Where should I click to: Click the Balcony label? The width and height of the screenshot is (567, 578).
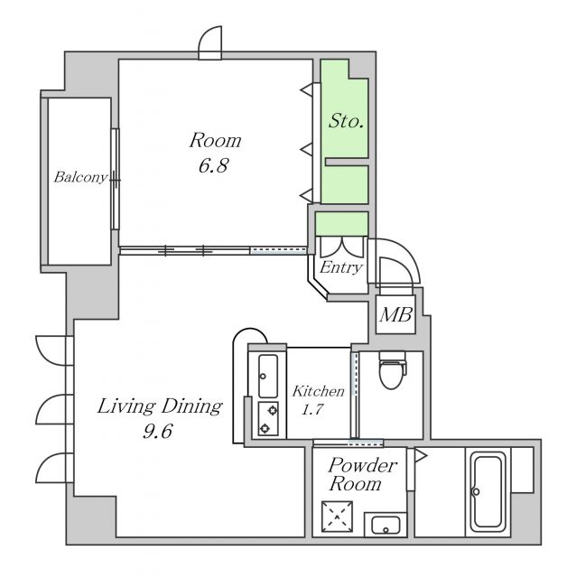click(80, 178)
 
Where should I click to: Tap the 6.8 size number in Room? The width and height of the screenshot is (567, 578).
click(214, 165)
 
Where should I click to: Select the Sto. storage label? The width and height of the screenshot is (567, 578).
click(347, 121)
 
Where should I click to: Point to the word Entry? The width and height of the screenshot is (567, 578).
click(340, 268)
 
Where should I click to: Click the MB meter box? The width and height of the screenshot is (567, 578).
click(395, 315)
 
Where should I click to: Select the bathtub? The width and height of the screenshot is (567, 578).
click(488, 492)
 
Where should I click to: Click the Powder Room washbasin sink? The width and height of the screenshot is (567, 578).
click(386, 524)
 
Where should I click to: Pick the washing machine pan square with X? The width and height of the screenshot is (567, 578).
click(337, 517)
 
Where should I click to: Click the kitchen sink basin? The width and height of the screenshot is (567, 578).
click(268, 376)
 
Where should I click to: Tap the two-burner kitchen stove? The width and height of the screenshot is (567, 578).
click(268, 419)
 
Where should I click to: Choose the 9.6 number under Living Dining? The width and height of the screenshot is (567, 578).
click(158, 431)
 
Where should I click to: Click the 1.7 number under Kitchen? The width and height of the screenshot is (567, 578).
click(312, 409)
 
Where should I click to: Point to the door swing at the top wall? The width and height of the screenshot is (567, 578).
click(210, 42)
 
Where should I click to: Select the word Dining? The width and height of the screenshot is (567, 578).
click(191, 406)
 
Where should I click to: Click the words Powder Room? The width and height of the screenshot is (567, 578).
click(361, 474)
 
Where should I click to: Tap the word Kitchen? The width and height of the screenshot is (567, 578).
click(319, 391)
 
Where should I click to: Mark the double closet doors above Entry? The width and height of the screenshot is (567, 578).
click(342, 247)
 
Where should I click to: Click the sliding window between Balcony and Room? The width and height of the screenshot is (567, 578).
click(116, 179)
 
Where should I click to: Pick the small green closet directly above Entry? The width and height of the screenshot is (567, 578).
click(341, 224)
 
